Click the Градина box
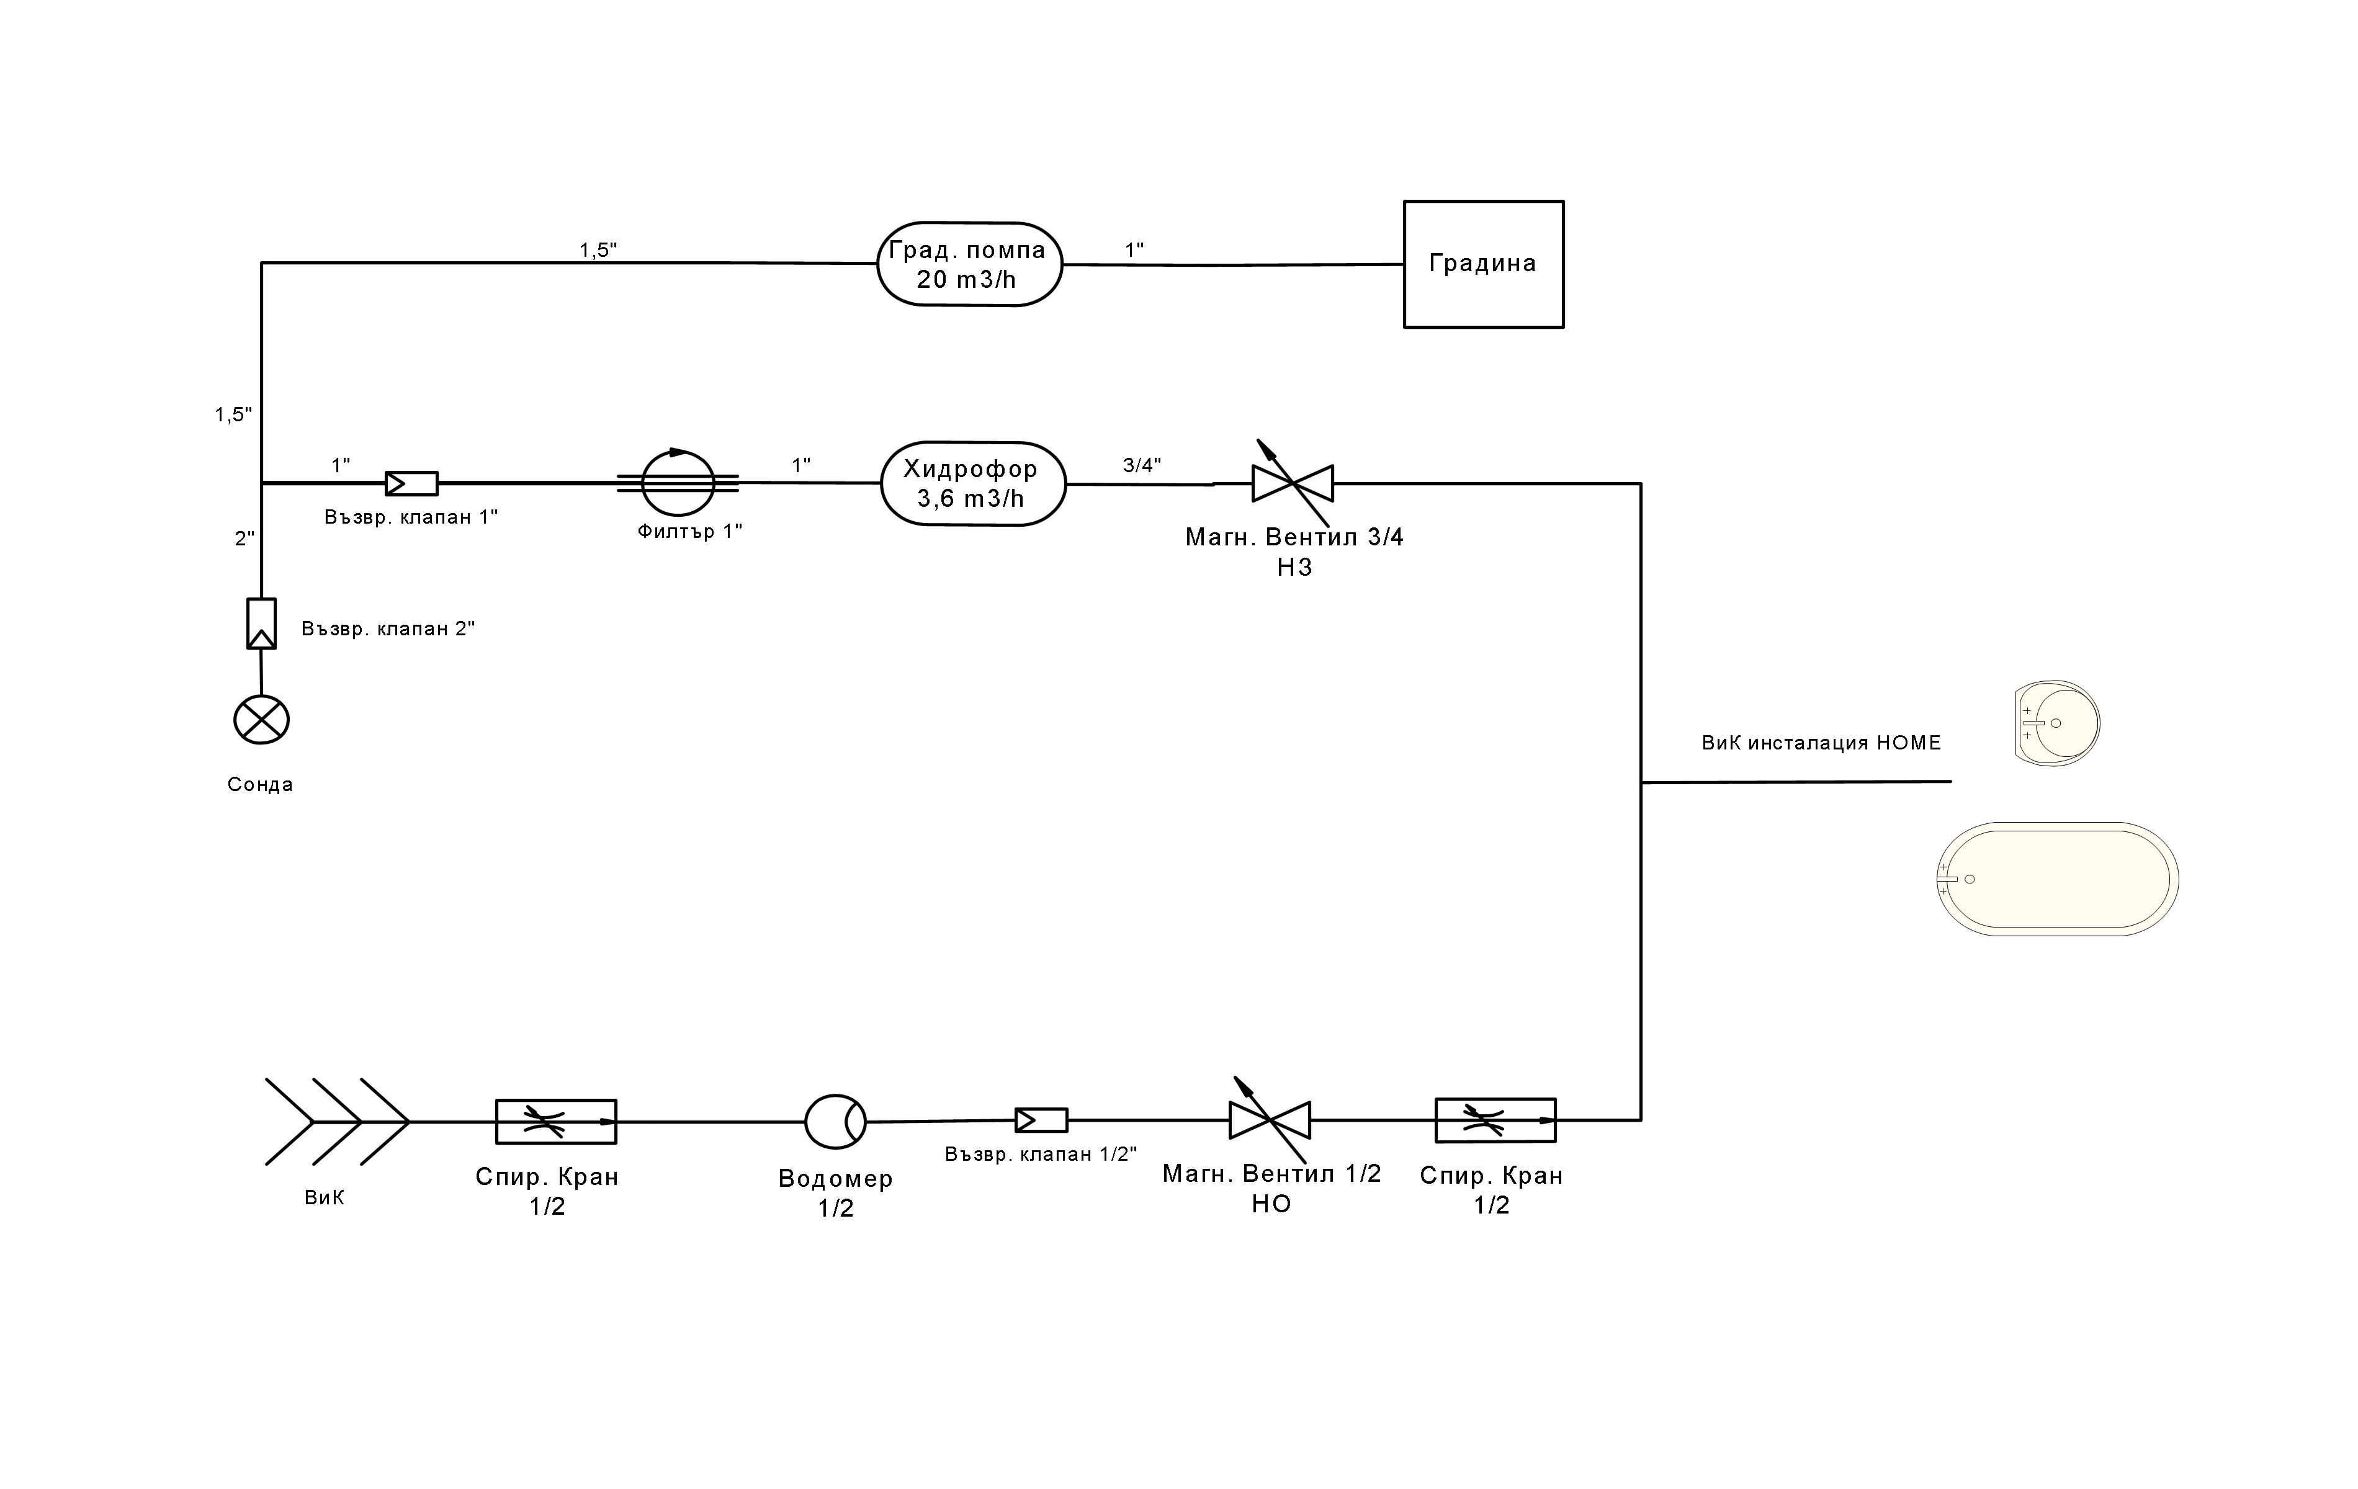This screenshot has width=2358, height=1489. [1482, 264]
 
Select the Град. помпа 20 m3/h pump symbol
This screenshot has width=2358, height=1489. [969, 264]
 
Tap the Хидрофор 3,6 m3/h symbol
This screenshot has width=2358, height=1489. [972, 483]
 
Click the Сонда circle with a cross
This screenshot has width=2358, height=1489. [261, 720]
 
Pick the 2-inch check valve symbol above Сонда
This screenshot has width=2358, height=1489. [261, 624]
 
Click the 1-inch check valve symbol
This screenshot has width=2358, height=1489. [411, 483]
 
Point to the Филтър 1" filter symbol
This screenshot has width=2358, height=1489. [678, 483]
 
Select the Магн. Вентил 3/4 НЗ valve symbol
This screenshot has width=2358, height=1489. [1293, 483]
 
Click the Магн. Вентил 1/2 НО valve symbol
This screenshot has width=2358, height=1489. [1269, 1120]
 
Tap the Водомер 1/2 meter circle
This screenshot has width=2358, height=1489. [835, 1121]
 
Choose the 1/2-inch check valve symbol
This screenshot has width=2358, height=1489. [1041, 1120]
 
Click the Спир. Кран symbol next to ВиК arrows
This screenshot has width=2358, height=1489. [556, 1122]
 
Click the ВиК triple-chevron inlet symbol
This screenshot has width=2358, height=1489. [338, 1122]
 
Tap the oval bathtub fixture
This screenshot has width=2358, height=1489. [2058, 879]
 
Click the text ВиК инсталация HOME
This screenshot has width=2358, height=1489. [1821, 743]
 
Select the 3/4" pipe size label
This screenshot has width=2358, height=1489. [1142, 465]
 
